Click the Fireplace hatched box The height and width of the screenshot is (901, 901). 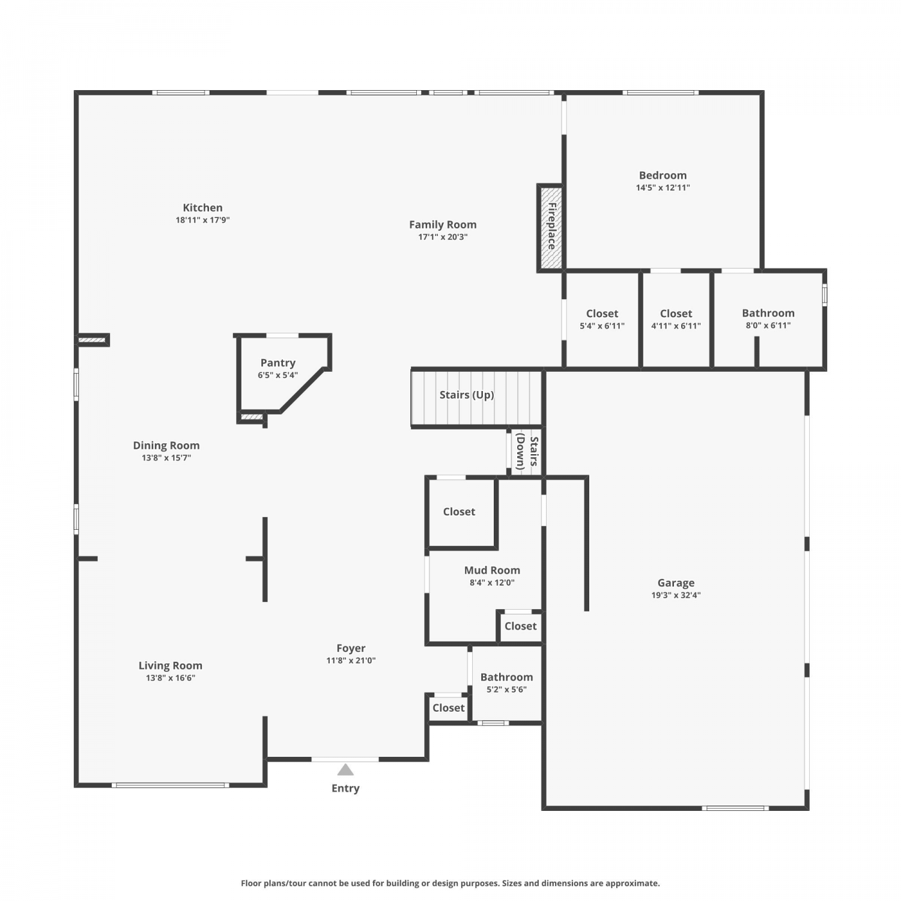point(550,228)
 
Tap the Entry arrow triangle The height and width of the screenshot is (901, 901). point(345,769)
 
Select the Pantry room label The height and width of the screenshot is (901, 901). point(278,363)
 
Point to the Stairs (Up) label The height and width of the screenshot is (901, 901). point(467,395)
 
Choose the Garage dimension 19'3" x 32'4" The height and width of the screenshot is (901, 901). point(676,595)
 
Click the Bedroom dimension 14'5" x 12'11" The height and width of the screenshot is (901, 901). point(663,187)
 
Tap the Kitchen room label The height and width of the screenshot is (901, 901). point(202,208)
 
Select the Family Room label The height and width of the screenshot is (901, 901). point(443,225)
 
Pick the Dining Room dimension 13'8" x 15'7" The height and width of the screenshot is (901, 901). point(166,458)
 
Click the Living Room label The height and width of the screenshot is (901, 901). point(171,666)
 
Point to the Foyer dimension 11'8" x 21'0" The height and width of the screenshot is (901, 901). point(351,661)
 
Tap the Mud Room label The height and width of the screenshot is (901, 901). point(492,570)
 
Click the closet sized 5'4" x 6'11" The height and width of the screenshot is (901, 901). point(602,319)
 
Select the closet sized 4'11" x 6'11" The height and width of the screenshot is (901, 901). point(676,319)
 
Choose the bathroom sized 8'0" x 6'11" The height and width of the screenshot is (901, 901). point(768,319)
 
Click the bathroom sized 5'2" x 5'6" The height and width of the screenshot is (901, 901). point(506,683)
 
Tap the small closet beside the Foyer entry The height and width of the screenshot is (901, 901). point(449,708)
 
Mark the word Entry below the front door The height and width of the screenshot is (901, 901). point(345,788)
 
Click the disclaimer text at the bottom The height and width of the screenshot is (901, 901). point(450,883)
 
